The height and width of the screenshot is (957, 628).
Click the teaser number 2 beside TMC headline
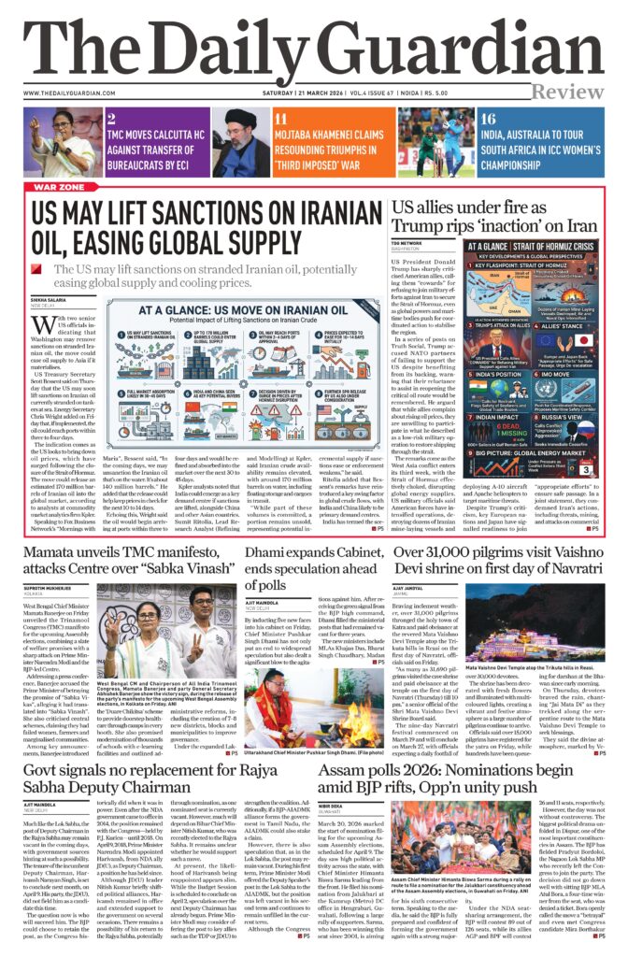click(111, 119)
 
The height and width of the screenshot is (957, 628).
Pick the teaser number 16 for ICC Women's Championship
click(488, 119)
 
